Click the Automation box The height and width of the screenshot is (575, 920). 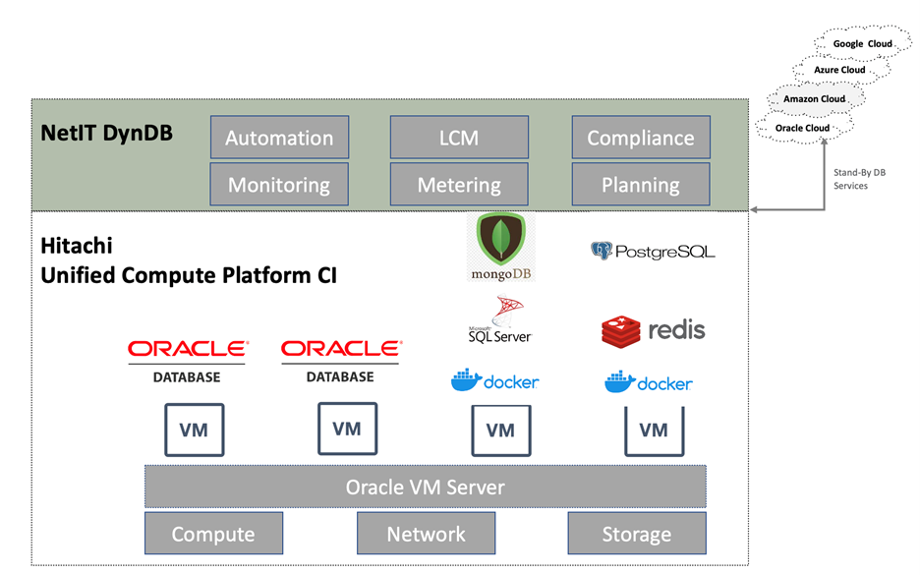(x=279, y=138)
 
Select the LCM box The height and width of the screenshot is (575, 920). (x=459, y=138)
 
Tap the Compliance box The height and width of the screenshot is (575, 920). (x=640, y=138)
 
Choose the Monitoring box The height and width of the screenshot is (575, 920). (x=279, y=185)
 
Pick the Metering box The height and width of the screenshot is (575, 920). (x=459, y=185)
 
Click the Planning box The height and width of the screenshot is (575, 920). (x=640, y=185)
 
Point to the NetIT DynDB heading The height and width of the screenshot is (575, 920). (x=107, y=132)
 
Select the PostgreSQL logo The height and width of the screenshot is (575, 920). (x=653, y=252)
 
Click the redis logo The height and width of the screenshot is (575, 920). (x=654, y=330)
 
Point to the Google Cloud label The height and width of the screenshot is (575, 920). (x=862, y=44)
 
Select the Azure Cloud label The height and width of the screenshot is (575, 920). (x=839, y=71)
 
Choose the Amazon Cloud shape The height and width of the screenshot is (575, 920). (x=814, y=99)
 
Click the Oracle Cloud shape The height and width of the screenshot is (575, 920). (x=803, y=128)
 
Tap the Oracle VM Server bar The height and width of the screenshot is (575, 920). (x=425, y=488)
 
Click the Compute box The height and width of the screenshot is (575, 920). (x=213, y=534)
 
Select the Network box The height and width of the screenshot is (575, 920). (x=426, y=534)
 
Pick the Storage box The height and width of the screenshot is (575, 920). (x=636, y=534)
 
